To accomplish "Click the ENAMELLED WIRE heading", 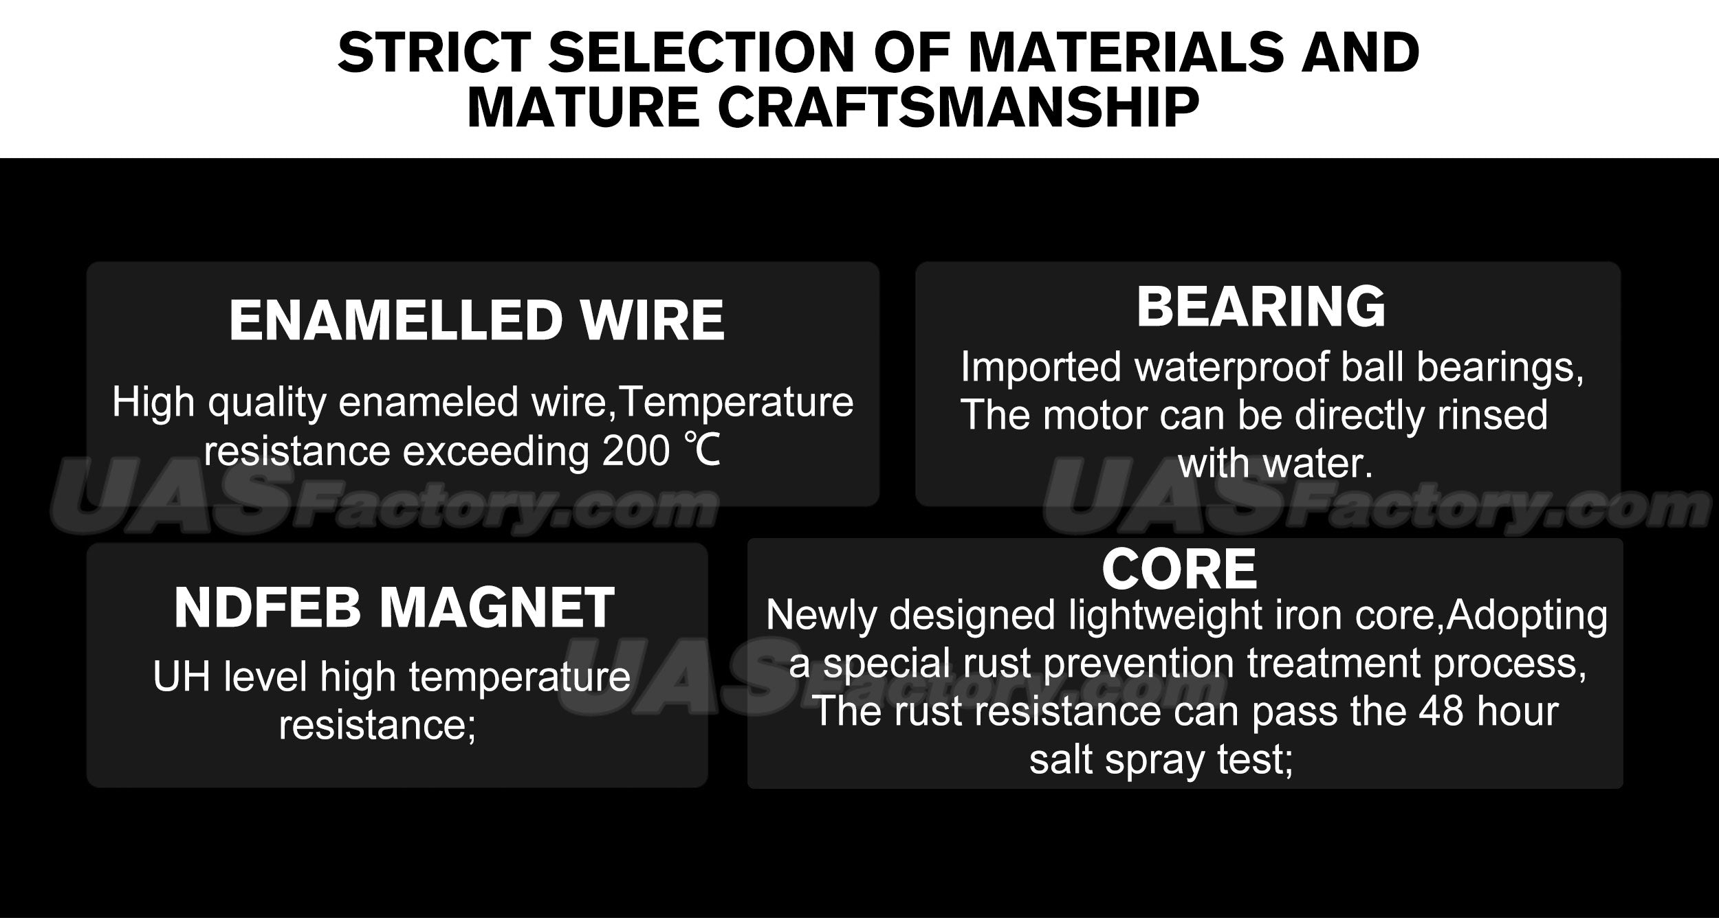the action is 477,320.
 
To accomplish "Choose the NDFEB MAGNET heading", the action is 394,608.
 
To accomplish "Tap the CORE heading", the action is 1180,569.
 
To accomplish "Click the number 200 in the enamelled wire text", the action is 636,451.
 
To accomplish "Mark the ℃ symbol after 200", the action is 701,451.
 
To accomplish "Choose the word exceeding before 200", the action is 496,452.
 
